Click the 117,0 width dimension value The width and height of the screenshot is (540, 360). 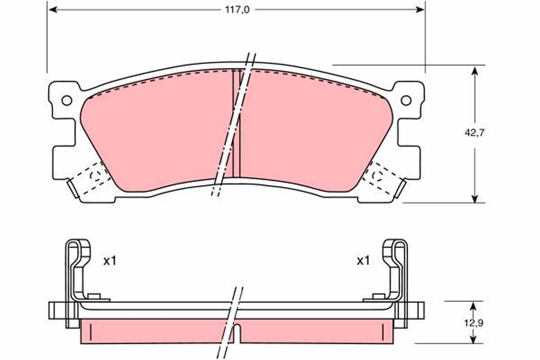pyautogui.click(x=237, y=9)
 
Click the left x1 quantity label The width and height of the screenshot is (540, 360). pyautogui.click(x=109, y=260)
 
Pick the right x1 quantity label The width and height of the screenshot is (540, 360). pyautogui.click(x=363, y=260)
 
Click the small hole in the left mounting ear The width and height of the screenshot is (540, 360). pyautogui.click(x=67, y=100)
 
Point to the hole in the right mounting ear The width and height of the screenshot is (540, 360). pyautogui.click(x=406, y=100)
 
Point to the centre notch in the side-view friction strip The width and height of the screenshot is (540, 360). pyautogui.click(x=241, y=333)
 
